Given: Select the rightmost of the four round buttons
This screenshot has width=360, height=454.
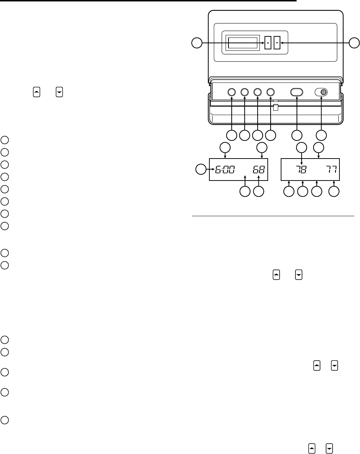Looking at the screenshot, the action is point(271,92).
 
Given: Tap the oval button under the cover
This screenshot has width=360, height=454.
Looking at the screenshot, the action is point(296,92).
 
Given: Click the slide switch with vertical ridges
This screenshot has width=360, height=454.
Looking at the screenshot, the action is point(321,92).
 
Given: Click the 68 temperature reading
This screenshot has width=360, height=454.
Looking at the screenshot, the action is point(258,169).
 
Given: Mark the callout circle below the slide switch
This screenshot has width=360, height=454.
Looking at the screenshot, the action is point(321,135).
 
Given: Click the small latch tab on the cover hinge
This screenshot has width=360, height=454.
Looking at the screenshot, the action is point(276,107).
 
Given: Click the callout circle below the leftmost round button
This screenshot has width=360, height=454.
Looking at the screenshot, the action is point(231,135).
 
